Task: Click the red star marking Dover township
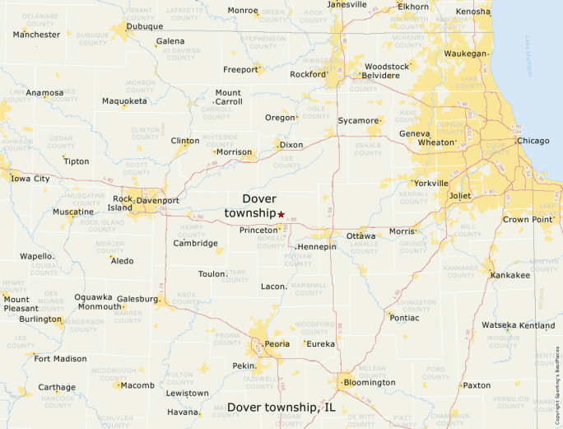point(281,214)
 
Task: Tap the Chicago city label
point(533,141)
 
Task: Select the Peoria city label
point(276,344)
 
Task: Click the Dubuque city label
point(144,26)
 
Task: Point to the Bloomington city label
point(370,382)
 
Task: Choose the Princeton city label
point(259,231)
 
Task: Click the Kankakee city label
point(510,275)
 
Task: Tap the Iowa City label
point(30,178)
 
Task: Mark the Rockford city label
point(309,74)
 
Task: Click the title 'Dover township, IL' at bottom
point(281,408)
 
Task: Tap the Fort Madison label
point(60,358)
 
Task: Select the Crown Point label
point(528,220)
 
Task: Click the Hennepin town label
point(317,247)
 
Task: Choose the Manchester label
point(37,35)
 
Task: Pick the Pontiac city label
point(404,317)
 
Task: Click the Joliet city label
point(459,196)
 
